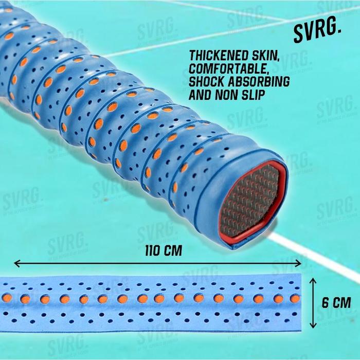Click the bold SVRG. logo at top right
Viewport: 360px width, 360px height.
point(317,33)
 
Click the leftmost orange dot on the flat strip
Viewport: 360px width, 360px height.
point(7,298)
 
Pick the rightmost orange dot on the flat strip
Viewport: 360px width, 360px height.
point(295,298)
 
